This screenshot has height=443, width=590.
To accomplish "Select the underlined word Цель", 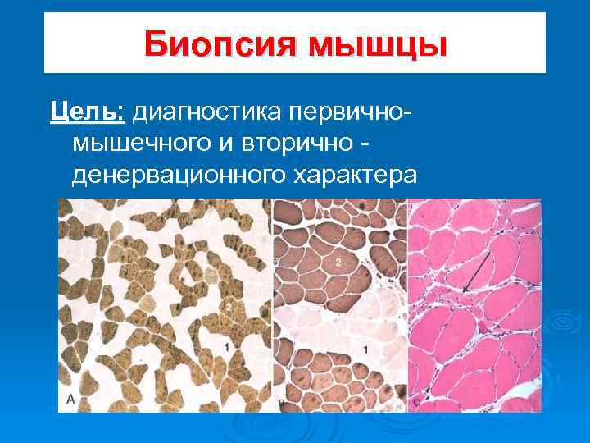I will pyautogui.click(x=85, y=111).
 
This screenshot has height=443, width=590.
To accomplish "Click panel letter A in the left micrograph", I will pyautogui.click(x=71, y=399).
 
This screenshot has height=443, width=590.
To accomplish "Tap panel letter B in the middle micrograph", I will pyautogui.click(x=283, y=401).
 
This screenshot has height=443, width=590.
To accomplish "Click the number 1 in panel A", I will pyautogui.click(x=226, y=349).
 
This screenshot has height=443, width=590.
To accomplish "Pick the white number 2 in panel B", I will pyautogui.click(x=337, y=260).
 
